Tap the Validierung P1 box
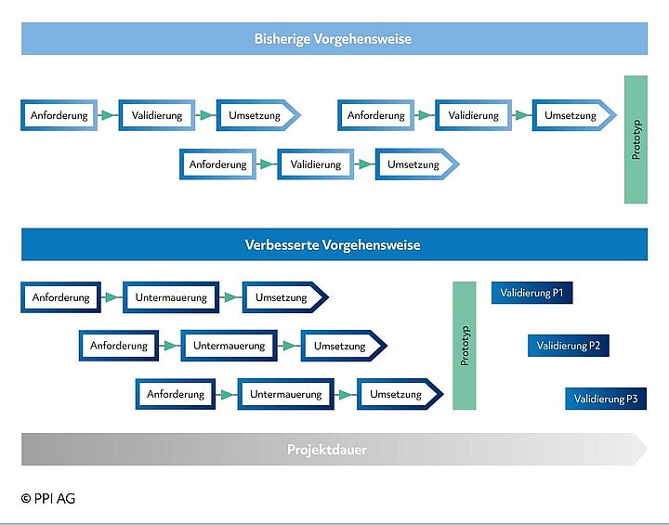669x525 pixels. click(531, 294)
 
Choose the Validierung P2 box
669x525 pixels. click(569, 347)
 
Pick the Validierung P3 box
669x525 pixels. click(605, 399)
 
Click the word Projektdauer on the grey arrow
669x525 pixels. click(327, 450)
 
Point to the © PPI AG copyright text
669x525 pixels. click(48, 499)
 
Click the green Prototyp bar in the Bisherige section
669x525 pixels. click(636, 139)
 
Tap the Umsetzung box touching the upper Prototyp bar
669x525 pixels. click(571, 115)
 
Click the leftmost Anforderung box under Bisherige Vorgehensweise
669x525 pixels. click(59, 115)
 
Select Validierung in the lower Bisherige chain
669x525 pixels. click(316, 164)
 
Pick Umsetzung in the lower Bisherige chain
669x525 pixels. click(414, 164)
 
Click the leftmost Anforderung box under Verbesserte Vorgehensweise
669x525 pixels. click(60, 298)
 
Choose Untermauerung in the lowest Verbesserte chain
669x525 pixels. click(286, 394)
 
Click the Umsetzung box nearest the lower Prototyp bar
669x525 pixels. click(398, 394)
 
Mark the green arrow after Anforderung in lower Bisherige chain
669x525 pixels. click(267, 164)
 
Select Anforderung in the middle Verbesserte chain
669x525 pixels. click(118, 346)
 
